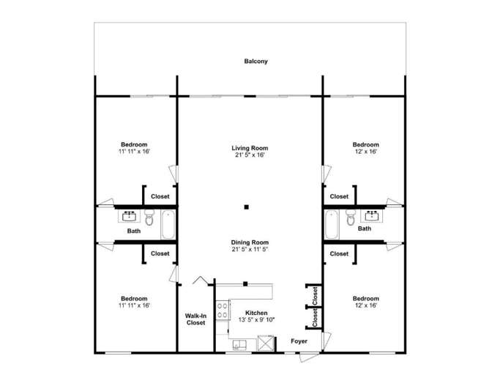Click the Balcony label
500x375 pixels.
pyautogui.click(x=255, y=62)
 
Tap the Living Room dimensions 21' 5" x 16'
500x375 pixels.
pyautogui.click(x=250, y=155)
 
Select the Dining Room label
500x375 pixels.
pyautogui.click(x=250, y=242)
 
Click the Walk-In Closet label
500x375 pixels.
pyautogui.click(x=195, y=319)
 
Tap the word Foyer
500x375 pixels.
pyautogui.click(x=299, y=341)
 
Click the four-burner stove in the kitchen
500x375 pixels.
pyautogui.click(x=221, y=308)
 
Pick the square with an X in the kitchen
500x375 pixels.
pyautogui.click(x=265, y=343)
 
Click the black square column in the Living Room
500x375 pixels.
pyautogui.click(x=247, y=207)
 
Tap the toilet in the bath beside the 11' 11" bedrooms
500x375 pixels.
pyautogui.click(x=149, y=219)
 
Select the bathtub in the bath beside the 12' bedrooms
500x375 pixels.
pyautogui.click(x=332, y=224)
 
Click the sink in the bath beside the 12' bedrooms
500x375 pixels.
pyautogui.click(x=372, y=216)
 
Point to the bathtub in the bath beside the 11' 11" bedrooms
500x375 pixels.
pyautogui.click(x=168, y=224)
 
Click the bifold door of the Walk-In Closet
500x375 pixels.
pyautogui.click(x=198, y=281)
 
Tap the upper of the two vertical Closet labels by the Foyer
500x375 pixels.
pyautogui.click(x=315, y=294)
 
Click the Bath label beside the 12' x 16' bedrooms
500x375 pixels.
pyautogui.click(x=365, y=229)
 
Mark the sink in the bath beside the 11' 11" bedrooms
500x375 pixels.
pyautogui.click(x=130, y=216)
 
